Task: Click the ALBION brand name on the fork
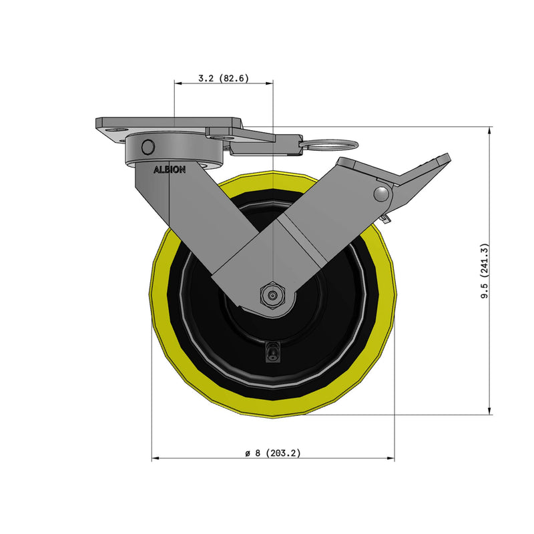pyautogui.click(x=170, y=170)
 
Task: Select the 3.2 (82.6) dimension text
pyautogui.click(x=224, y=78)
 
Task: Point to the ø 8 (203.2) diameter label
pyautogui.click(x=273, y=453)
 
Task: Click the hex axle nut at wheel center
pyautogui.click(x=272, y=294)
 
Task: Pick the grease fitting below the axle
pyautogui.click(x=272, y=352)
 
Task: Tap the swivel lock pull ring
pyautogui.click(x=330, y=144)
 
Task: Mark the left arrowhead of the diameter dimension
pyautogui.click(x=156, y=459)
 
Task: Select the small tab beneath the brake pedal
pyautogui.click(x=386, y=218)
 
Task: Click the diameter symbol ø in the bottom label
pyautogui.click(x=247, y=453)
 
